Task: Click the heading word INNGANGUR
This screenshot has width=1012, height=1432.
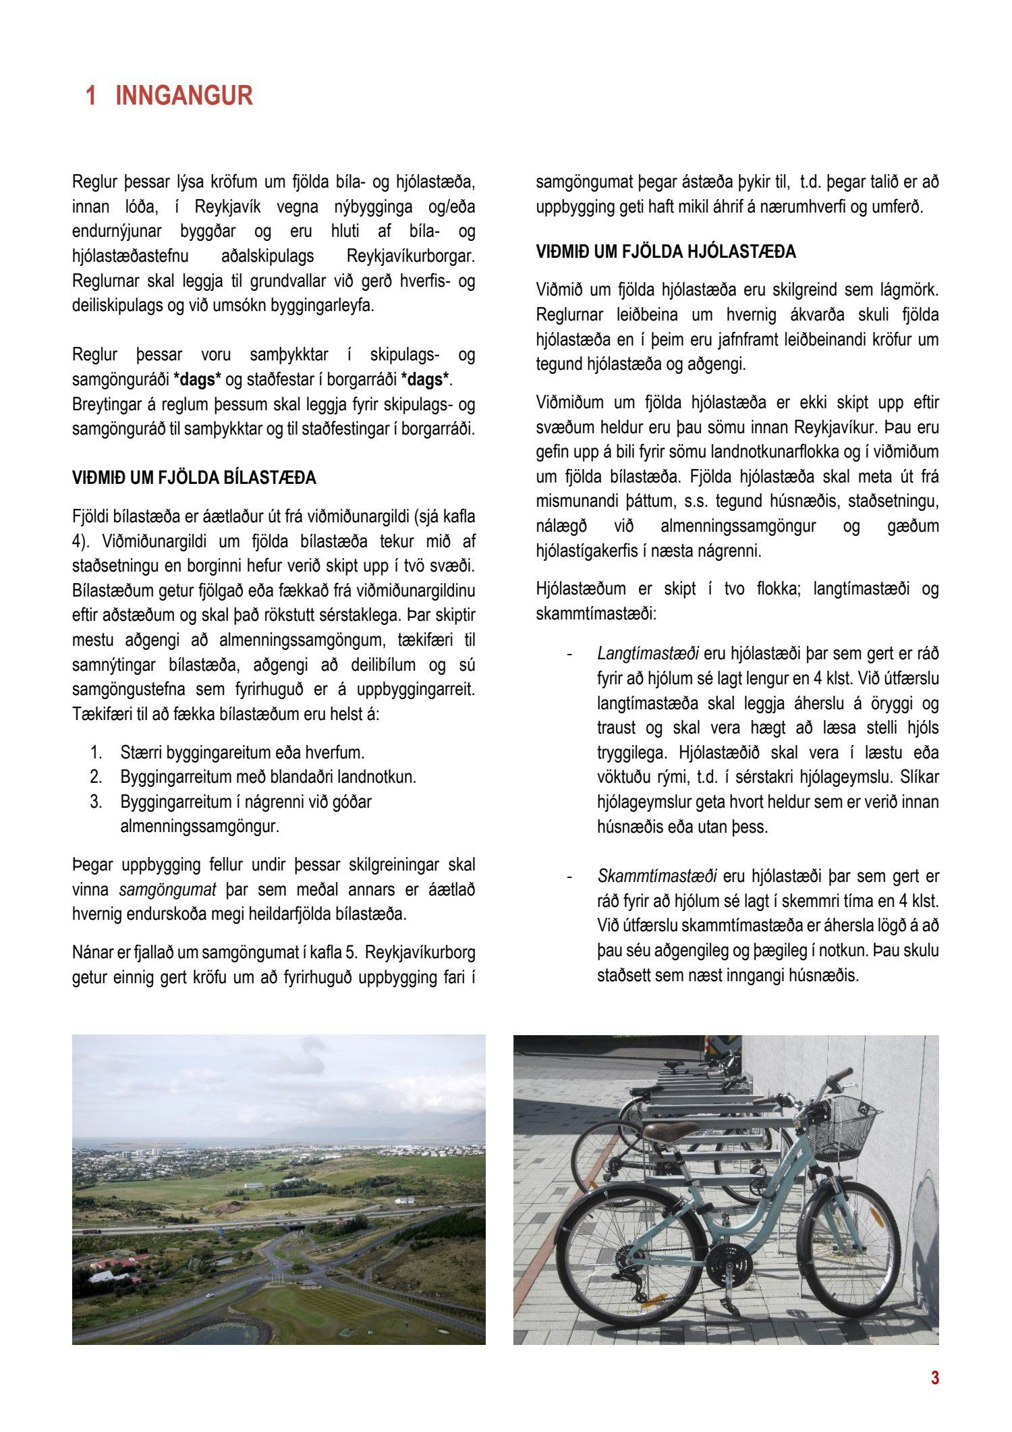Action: [x=184, y=96]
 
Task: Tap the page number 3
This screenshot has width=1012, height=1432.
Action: [x=934, y=1378]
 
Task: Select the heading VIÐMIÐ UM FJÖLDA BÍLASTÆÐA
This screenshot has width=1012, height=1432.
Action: [x=194, y=478]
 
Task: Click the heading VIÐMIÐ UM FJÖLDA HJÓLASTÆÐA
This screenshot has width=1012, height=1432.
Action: [x=666, y=252]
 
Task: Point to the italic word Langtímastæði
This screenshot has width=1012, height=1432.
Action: [x=648, y=653]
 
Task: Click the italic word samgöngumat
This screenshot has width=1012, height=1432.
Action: [x=168, y=889]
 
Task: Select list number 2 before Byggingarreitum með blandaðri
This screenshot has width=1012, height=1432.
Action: [x=96, y=777]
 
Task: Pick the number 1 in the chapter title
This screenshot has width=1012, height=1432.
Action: [x=91, y=96]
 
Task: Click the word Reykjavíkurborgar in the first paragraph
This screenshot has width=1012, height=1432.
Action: [x=410, y=256]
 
